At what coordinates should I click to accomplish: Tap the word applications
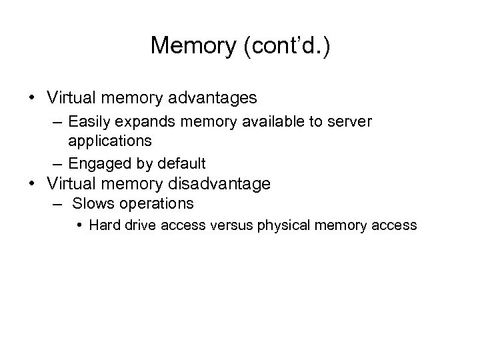click(x=110, y=141)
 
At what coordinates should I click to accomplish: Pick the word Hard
click(x=102, y=225)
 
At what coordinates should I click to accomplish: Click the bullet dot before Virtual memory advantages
click(x=32, y=98)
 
